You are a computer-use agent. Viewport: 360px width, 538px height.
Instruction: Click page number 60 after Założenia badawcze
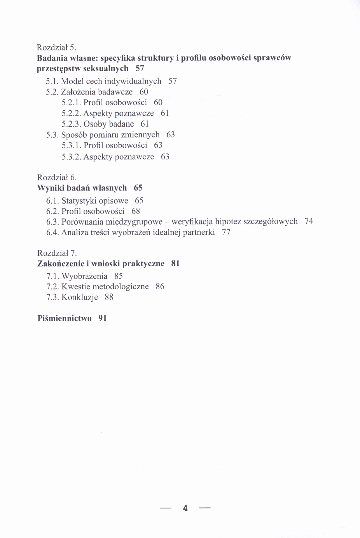pos(144,92)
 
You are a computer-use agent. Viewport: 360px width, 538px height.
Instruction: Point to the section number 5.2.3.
pos(71,124)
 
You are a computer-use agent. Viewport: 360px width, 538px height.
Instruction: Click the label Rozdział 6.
pos(54,178)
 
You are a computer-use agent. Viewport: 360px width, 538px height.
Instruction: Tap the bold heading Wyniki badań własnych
pos(82,188)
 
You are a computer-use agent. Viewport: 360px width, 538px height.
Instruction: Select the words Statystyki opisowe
pos(95,201)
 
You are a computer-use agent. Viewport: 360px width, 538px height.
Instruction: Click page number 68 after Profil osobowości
pos(136,211)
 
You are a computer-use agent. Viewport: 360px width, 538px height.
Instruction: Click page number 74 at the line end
pos(309,222)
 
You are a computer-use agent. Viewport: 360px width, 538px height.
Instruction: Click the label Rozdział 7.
pos(54,253)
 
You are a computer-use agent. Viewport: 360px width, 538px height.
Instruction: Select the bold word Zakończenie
pos(61,264)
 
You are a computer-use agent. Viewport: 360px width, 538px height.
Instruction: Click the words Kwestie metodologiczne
pos(105,287)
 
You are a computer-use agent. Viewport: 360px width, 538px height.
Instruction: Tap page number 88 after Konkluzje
pos(109,297)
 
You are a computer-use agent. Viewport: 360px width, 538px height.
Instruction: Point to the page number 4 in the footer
pos(185,508)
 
